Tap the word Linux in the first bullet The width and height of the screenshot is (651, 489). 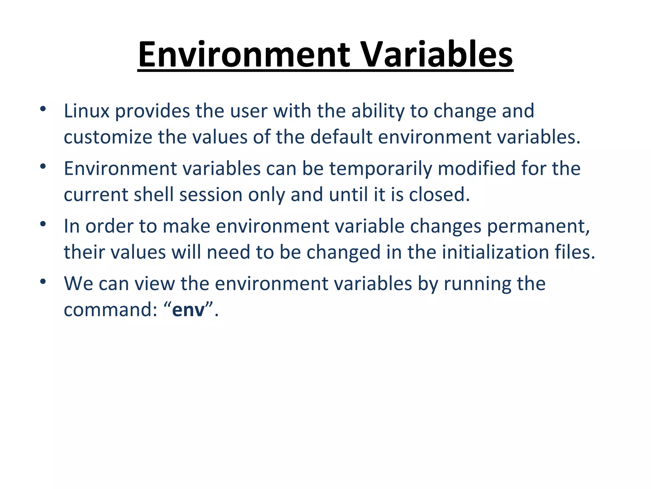coord(86,111)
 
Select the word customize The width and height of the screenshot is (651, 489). coord(108,137)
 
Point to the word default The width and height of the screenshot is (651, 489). coord(341,137)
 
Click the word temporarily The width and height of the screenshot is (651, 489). coord(380,169)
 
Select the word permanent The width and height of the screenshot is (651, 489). coord(538,226)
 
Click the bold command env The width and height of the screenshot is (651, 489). coord(188,310)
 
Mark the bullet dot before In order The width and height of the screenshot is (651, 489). coord(43,224)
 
